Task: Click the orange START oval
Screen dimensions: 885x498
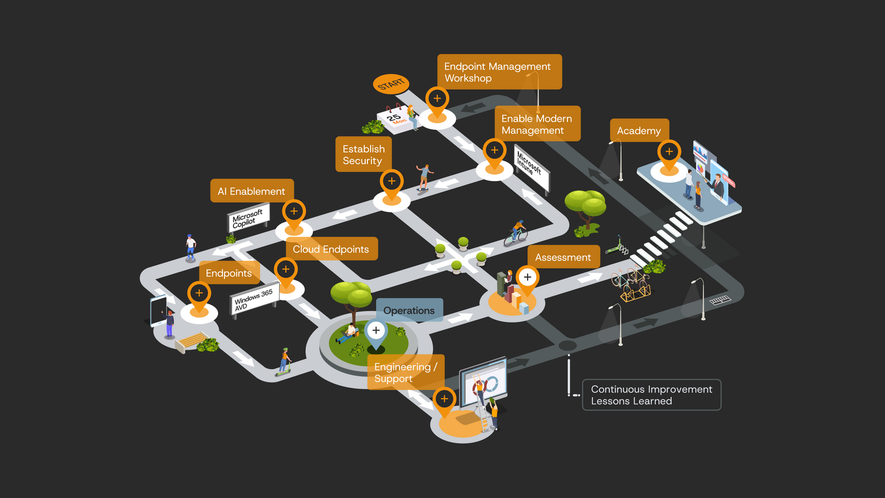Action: tap(391, 84)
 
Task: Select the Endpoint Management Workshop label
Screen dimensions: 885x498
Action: tap(499, 72)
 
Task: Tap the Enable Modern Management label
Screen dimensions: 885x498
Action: tap(537, 124)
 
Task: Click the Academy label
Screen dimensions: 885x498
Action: tap(639, 130)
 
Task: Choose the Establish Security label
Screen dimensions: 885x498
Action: tap(364, 155)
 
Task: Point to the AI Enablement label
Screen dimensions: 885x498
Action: tap(251, 191)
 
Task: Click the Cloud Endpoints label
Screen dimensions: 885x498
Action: tap(331, 249)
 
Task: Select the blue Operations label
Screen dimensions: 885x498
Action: tap(409, 310)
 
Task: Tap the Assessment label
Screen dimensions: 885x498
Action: tap(563, 257)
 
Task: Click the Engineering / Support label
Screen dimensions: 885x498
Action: tap(406, 372)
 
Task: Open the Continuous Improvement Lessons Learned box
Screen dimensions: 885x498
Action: tap(652, 395)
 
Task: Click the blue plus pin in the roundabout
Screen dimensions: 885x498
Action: tap(376, 334)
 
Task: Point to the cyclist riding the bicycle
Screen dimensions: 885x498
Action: tap(516, 233)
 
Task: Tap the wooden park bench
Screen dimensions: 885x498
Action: tap(191, 341)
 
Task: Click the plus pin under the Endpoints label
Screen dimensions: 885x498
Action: tap(199, 296)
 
